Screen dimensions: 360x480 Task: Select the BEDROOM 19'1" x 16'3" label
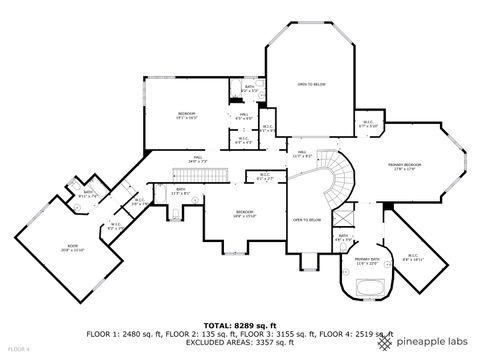pyautogui.click(x=187, y=115)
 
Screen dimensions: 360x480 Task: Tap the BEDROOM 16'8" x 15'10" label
pyautogui.click(x=244, y=213)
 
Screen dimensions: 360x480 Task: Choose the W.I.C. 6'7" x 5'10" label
pyautogui.click(x=368, y=125)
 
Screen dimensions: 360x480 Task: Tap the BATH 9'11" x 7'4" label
pyautogui.click(x=87, y=194)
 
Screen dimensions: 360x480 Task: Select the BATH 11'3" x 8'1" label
pyautogui.click(x=181, y=191)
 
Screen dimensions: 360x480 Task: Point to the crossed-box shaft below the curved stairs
pyautogui.click(x=342, y=216)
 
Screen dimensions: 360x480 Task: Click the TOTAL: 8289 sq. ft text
pyautogui.click(x=239, y=325)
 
